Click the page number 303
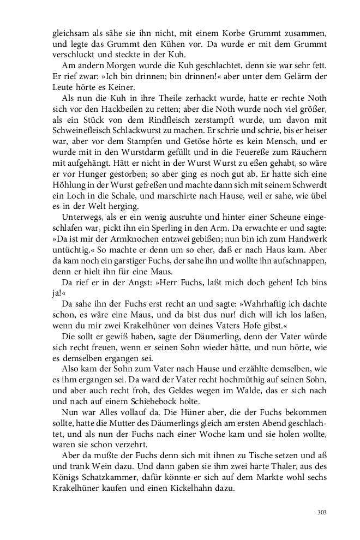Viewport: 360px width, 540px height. click(x=321, y=512)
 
